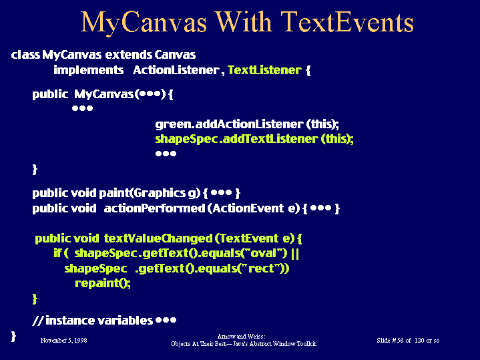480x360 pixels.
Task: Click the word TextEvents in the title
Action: (x=347, y=22)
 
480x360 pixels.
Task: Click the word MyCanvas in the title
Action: (x=144, y=23)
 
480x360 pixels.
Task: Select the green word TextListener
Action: (x=265, y=70)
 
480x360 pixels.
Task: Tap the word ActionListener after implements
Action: (x=176, y=70)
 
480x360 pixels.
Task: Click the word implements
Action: (x=89, y=71)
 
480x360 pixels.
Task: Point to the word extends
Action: (x=129, y=55)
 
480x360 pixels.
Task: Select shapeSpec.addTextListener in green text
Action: (x=236, y=140)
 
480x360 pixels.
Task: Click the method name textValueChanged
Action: (x=158, y=238)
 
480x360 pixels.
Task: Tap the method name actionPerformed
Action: (x=154, y=208)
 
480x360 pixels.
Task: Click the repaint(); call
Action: (x=103, y=283)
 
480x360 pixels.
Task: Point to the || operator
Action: (x=295, y=253)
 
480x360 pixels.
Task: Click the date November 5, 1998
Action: (x=63, y=341)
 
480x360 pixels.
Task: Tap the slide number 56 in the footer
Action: (x=400, y=341)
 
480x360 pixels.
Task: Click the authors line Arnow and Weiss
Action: (x=241, y=337)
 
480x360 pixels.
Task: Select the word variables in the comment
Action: (x=125, y=321)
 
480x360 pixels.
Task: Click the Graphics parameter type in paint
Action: (x=159, y=193)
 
